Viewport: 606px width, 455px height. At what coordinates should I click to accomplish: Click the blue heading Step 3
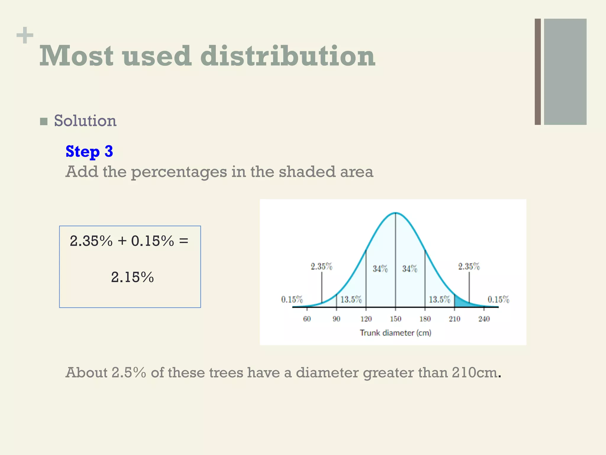click(89, 151)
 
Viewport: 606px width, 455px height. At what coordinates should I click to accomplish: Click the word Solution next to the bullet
click(85, 121)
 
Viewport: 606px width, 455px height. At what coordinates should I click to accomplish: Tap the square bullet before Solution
click(44, 121)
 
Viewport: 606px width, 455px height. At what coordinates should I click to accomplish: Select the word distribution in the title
click(288, 56)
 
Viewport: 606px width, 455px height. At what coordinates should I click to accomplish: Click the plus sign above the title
click(25, 35)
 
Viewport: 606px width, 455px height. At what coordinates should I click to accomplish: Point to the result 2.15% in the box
click(132, 277)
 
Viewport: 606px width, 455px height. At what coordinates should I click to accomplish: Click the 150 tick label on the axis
click(395, 319)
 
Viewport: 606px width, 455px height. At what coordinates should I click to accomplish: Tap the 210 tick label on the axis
click(454, 319)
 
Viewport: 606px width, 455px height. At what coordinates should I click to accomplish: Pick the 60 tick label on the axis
click(307, 319)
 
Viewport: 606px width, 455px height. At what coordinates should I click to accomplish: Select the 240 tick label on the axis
click(484, 319)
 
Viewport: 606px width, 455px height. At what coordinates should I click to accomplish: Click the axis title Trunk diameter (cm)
click(395, 333)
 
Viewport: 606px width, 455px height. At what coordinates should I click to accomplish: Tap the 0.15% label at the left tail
click(292, 299)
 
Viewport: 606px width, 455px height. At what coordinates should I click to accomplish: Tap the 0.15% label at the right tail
click(498, 299)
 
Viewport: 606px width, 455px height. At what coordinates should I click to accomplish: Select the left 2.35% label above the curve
click(321, 267)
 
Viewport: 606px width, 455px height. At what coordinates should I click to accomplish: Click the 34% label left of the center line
click(380, 269)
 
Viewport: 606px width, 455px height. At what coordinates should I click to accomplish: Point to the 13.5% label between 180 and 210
click(439, 299)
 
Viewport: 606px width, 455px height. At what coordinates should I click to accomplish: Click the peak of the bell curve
click(395, 213)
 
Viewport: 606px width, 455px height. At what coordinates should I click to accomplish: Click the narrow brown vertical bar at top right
click(538, 72)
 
